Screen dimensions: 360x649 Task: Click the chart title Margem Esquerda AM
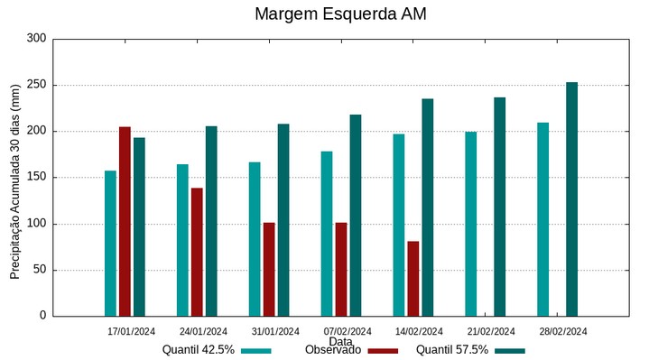click(340, 14)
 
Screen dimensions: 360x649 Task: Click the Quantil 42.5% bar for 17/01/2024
click(110, 243)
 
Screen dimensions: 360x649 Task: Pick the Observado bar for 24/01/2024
click(197, 252)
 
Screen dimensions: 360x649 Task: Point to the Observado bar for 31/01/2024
click(269, 269)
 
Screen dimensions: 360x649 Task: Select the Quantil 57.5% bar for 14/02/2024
click(428, 208)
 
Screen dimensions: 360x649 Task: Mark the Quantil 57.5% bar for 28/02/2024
click(572, 199)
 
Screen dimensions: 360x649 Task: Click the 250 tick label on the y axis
click(36, 85)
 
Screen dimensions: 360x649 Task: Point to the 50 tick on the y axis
click(40, 270)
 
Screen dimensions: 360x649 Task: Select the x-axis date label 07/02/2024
click(348, 331)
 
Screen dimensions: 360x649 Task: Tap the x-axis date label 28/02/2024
click(563, 331)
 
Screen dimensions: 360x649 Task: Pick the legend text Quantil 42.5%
click(199, 350)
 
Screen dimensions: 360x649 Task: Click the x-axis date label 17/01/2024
click(132, 331)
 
